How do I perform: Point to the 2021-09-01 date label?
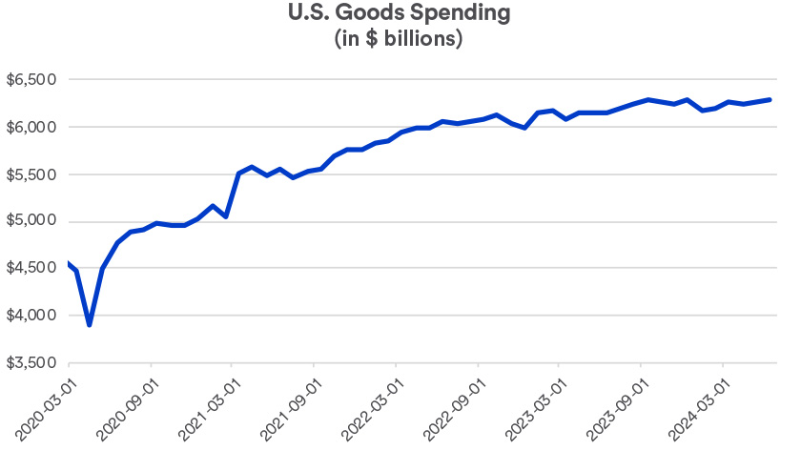click(289, 405)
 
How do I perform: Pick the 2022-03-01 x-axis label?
click(371, 405)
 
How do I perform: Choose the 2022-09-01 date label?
click(453, 405)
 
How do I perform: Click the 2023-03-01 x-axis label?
click(534, 405)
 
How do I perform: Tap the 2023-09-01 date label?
click(616, 405)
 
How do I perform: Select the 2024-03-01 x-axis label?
click(698, 405)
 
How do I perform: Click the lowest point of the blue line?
click(90, 324)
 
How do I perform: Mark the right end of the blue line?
click(770, 99)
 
